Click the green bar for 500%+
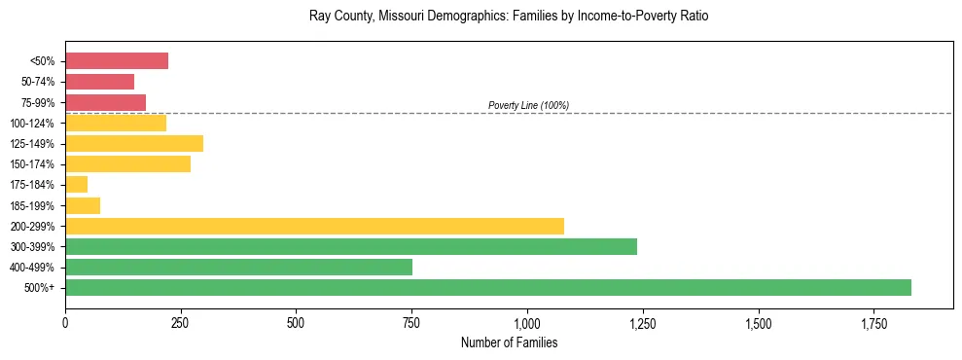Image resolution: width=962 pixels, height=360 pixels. point(487,287)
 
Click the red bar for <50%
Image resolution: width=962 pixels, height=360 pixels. point(117,61)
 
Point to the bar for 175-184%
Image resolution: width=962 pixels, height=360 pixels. point(76,185)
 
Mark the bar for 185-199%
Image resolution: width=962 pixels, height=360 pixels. point(83,205)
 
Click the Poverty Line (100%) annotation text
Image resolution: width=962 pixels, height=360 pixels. point(528,105)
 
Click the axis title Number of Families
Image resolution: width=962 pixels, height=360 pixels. point(509,342)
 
